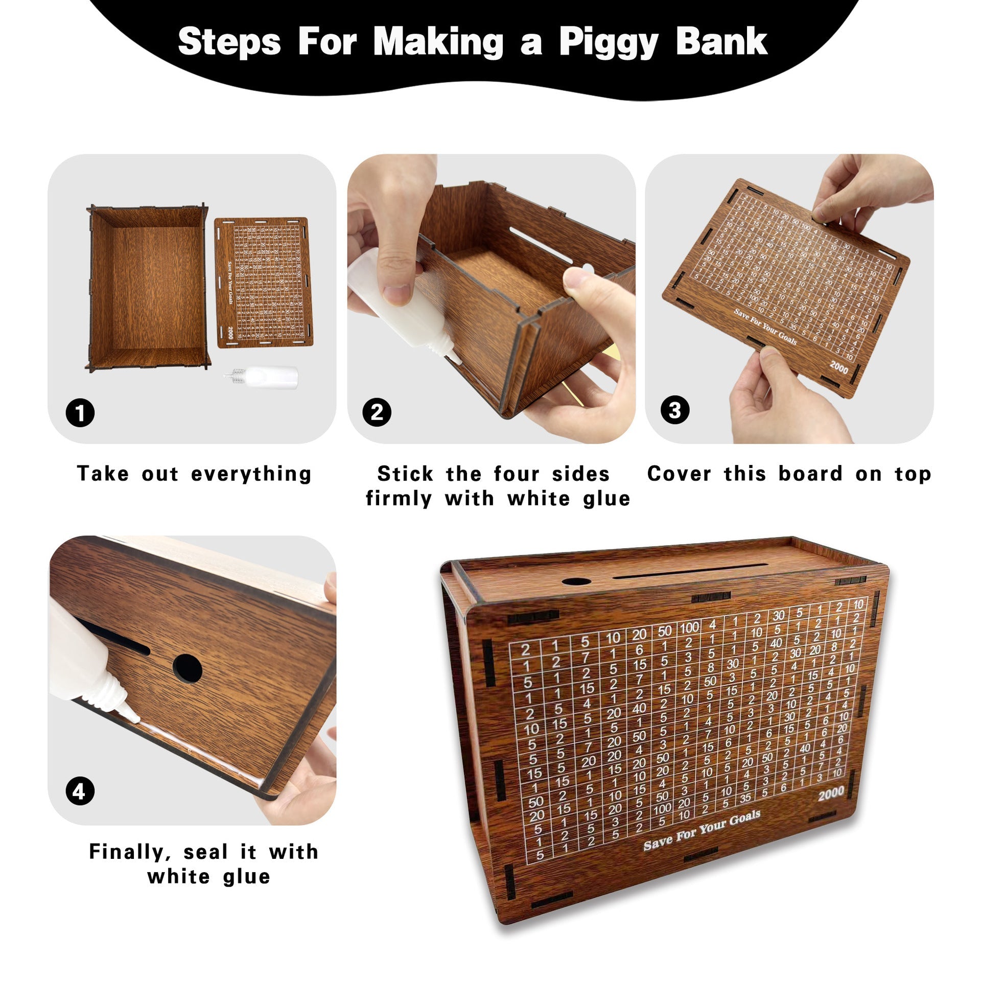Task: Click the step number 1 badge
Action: [80, 412]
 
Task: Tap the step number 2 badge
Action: [377, 412]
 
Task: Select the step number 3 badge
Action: [674, 410]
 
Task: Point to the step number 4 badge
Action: [80, 791]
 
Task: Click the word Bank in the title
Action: [721, 42]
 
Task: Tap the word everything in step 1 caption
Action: [251, 474]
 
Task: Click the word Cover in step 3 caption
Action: [679, 474]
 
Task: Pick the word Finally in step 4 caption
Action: [127, 852]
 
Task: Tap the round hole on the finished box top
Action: [575, 582]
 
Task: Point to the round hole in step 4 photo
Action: [187, 667]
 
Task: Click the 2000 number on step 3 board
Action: [838, 367]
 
